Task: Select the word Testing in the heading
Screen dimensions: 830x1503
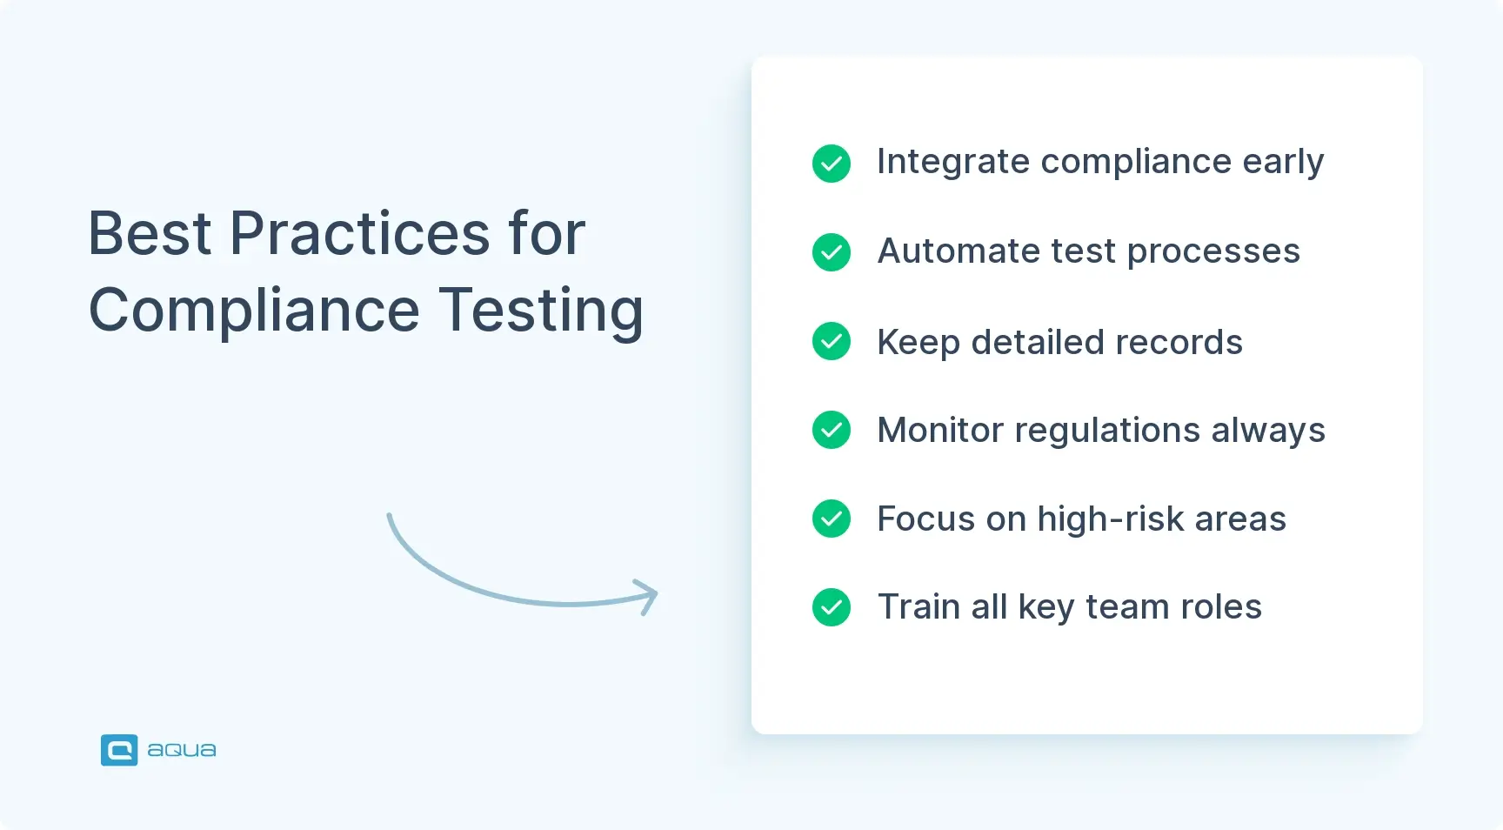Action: pyautogui.click(x=540, y=311)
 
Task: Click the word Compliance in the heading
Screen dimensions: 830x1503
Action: pyautogui.click(x=254, y=311)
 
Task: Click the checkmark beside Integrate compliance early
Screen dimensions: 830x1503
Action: pyautogui.click(x=832, y=164)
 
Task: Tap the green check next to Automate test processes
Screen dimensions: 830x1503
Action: pyautogui.click(x=832, y=252)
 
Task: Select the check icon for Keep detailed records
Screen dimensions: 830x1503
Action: pyautogui.click(x=832, y=341)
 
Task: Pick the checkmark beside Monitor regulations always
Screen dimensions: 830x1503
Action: pyautogui.click(x=832, y=430)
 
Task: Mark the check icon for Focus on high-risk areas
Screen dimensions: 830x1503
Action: pyautogui.click(x=832, y=519)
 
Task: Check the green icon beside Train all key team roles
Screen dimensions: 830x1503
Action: pyautogui.click(x=832, y=607)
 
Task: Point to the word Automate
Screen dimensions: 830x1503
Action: pyautogui.click(x=959, y=251)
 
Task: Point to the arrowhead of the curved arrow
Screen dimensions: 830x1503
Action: pyautogui.click(x=648, y=596)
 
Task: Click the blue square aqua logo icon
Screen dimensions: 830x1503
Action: pyautogui.click(x=119, y=750)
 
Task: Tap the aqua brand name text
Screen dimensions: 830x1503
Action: pyautogui.click(x=182, y=750)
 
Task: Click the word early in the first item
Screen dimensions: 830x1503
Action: pyautogui.click(x=1283, y=162)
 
